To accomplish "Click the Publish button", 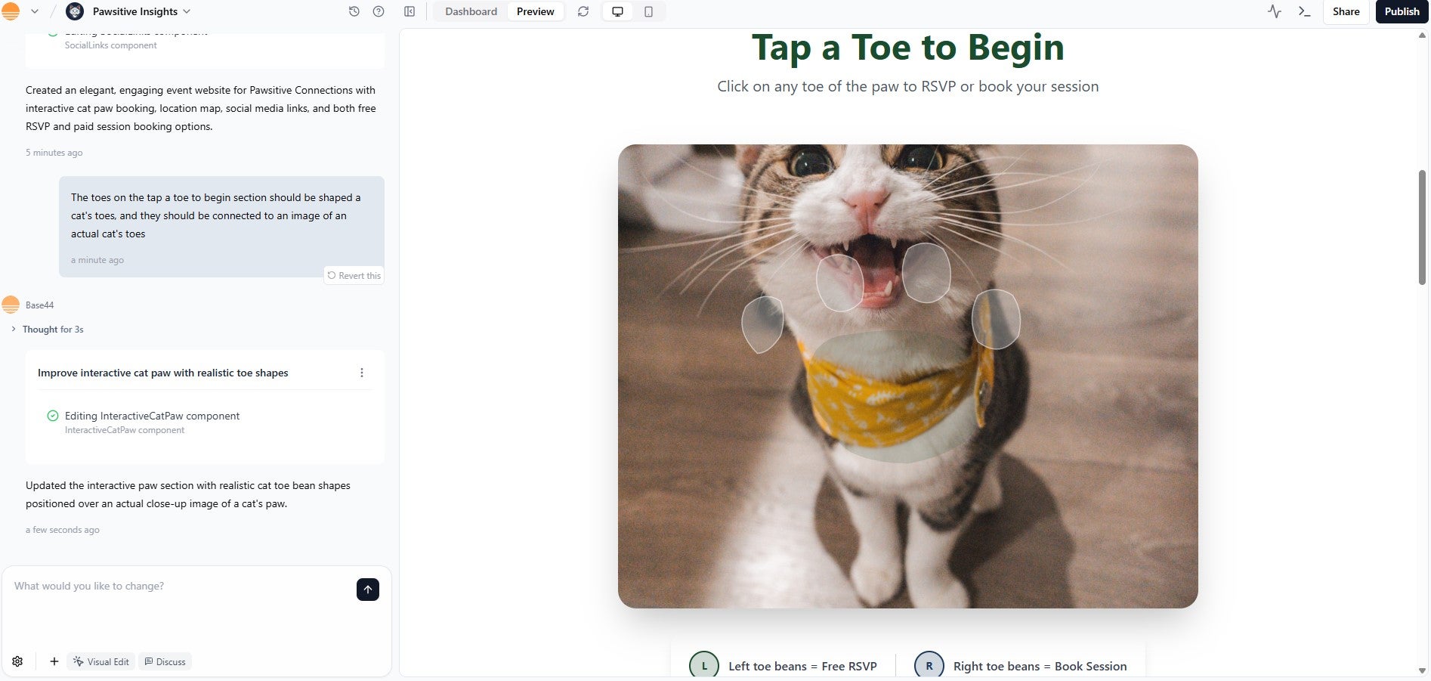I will pos(1402,11).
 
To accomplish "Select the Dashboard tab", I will pos(471,11).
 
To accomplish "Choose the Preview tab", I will pos(535,11).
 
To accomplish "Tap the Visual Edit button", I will pos(101,661).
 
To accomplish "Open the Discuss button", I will pos(165,661).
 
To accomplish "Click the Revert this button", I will pos(354,276).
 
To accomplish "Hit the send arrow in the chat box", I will pos(367,590).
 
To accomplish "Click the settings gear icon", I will pos(17,661).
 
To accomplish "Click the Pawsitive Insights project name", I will pos(135,11).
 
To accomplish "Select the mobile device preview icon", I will pos(648,11).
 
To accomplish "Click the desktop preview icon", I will pos(617,11).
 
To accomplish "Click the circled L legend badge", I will pos(704,666).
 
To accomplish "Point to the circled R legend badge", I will pos(929,666).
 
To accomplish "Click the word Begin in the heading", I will pos(1015,48).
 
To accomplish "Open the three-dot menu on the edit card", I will pos(362,373).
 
